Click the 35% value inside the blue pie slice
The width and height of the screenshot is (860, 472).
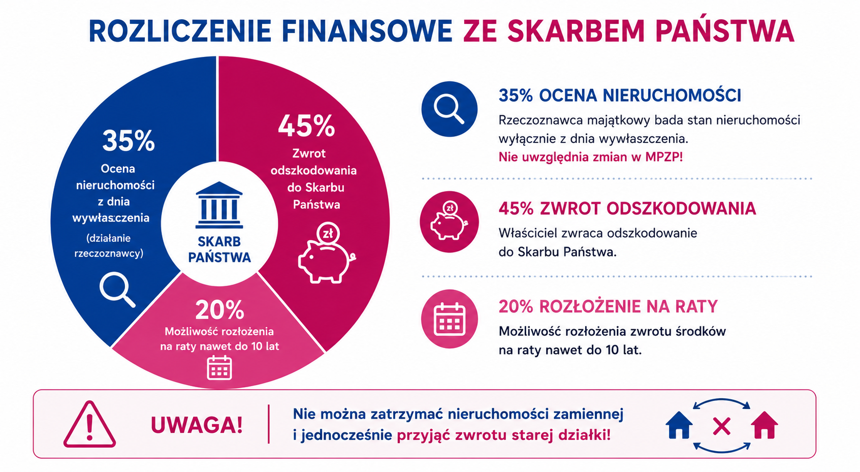[129, 141]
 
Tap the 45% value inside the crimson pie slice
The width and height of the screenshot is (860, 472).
[306, 125]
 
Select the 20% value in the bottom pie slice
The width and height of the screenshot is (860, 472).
[219, 310]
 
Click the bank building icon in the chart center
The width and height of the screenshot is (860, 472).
[219, 205]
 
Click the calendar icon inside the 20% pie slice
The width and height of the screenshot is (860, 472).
[219, 368]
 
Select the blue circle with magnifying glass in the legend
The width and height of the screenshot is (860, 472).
[449, 109]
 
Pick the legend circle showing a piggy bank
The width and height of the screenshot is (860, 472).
[449, 222]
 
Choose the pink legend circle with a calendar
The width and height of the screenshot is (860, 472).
[449, 319]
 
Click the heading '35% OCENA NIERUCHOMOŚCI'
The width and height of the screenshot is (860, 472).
[620, 95]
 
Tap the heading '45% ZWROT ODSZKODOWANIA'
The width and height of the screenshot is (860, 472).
[627, 208]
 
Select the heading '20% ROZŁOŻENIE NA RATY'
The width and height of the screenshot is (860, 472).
[608, 306]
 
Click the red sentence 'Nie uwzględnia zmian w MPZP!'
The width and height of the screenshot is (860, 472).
[590, 157]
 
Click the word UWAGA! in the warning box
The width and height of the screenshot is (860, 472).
[197, 425]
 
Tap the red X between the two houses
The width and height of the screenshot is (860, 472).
[721, 427]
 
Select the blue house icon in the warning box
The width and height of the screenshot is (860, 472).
[679, 425]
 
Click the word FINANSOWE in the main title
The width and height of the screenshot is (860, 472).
[367, 30]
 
